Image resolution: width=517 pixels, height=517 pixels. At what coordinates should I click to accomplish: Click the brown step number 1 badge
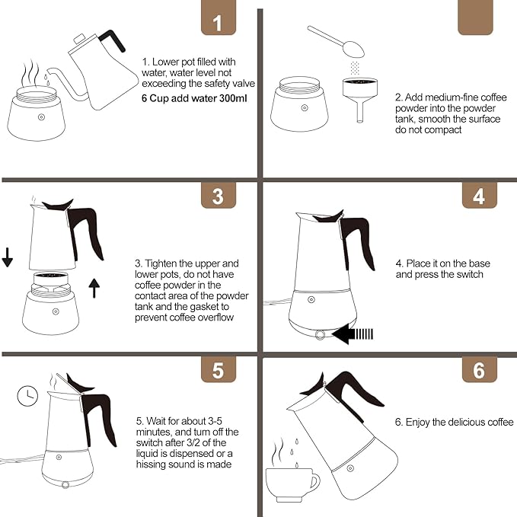click(219, 18)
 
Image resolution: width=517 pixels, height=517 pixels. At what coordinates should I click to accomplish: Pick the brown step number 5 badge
click(219, 369)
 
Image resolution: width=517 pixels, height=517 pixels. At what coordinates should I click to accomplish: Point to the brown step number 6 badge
click(479, 369)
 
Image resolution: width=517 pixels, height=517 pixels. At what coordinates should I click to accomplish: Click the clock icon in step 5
click(27, 396)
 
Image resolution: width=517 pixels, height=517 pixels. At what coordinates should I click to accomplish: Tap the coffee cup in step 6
click(292, 485)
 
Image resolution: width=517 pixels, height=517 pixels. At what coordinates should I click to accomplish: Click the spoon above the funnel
click(336, 41)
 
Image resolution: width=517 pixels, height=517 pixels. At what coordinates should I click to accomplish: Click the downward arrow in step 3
click(8, 258)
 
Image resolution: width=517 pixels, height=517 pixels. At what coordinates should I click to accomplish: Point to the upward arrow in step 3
click(94, 288)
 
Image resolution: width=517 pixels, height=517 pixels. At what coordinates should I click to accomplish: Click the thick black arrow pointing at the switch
click(353, 334)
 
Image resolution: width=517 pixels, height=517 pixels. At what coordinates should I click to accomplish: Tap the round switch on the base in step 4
click(320, 335)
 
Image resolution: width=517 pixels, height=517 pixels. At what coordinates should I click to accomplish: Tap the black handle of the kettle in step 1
click(112, 40)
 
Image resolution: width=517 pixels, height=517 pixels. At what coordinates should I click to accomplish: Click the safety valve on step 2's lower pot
click(305, 108)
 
